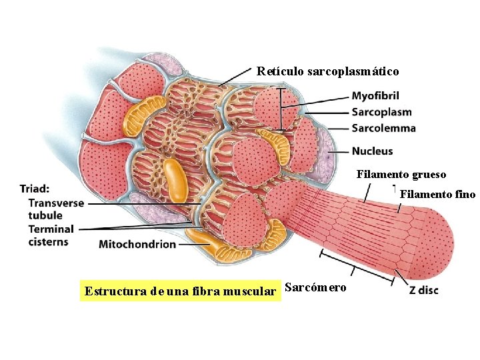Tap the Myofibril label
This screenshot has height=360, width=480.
tap(375, 97)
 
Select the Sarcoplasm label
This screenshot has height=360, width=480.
tap(381, 112)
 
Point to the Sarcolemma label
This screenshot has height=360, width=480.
tap(383, 127)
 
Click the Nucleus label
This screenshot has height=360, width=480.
tap(372, 151)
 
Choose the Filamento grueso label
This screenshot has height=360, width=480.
tap(401, 175)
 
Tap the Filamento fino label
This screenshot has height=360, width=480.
tap(437, 195)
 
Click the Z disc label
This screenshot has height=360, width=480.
tap(424, 291)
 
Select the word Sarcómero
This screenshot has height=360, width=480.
tap(315, 287)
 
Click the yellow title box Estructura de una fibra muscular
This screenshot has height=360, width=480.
tap(179, 291)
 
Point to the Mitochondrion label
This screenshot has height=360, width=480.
tap(137, 244)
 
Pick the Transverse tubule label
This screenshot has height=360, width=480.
tap(56, 209)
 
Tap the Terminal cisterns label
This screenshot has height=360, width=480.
tap(51, 235)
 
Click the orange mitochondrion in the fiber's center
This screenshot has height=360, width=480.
tap(176, 179)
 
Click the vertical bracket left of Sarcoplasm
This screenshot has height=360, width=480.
tap(282, 109)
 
